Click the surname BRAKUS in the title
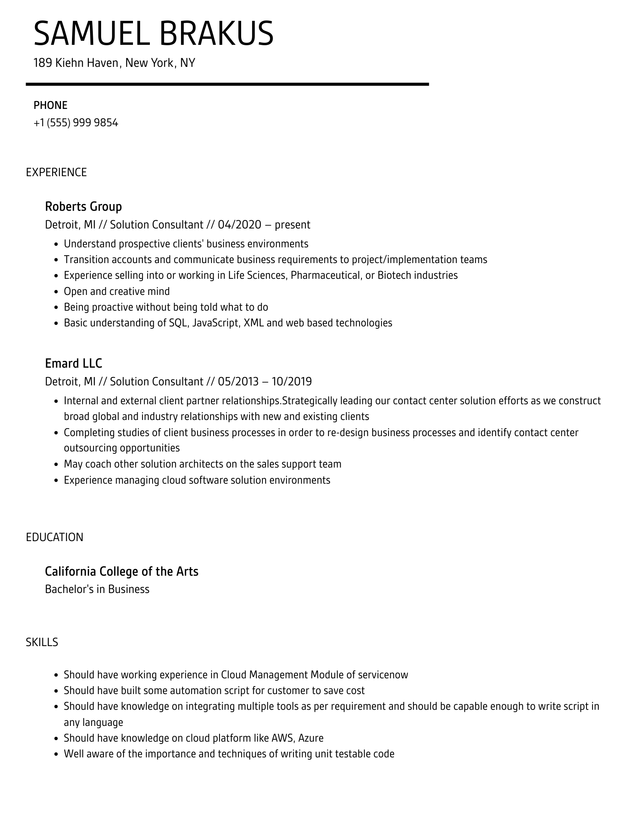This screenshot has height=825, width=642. click(216, 34)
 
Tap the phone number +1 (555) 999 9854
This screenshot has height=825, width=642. click(76, 123)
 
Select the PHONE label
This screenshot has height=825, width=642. click(50, 105)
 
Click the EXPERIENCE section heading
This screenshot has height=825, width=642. click(56, 172)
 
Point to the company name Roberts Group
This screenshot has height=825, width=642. click(83, 206)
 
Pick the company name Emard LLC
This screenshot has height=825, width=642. click(74, 363)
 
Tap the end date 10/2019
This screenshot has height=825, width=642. click(291, 381)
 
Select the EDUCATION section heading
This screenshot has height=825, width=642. click(55, 537)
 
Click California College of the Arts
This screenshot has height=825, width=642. click(122, 571)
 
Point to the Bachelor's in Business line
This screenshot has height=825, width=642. click(97, 589)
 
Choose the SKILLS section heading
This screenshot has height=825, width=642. click(42, 642)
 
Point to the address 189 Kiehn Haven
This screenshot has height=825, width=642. click(76, 63)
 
